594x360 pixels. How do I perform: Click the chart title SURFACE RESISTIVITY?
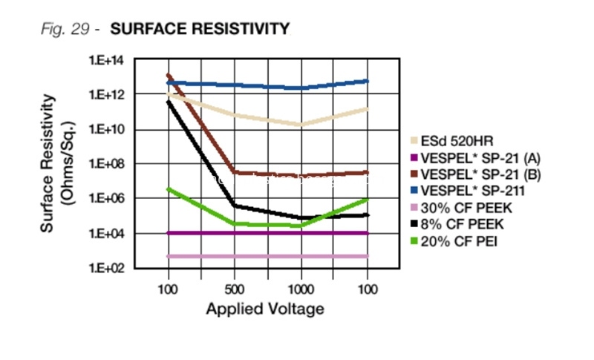pyautogui.click(x=199, y=30)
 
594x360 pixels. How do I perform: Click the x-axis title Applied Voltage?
pyautogui.click(x=265, y=308)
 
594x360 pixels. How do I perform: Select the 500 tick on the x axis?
pyautogui.click(x=234, y=289)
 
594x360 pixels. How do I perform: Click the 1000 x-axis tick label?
pyautogui.click(x=301, y=289)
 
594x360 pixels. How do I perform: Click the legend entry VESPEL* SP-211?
pyautogui.click(x=468, y=190)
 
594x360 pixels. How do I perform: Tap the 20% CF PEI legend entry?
pyautogui.click(x=454, y=241)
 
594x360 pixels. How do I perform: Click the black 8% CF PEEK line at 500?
pyautogui.click(x=234, y=205)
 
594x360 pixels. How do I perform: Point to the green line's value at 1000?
pyautogui.click(x=301, y=225)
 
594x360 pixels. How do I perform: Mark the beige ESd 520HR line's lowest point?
pyautogui.click(x=301, y=125)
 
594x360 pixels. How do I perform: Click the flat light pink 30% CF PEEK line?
pyautogui.click(x=267, y=256)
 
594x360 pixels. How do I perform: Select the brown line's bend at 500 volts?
pyautogui.click(x=234, y=172)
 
